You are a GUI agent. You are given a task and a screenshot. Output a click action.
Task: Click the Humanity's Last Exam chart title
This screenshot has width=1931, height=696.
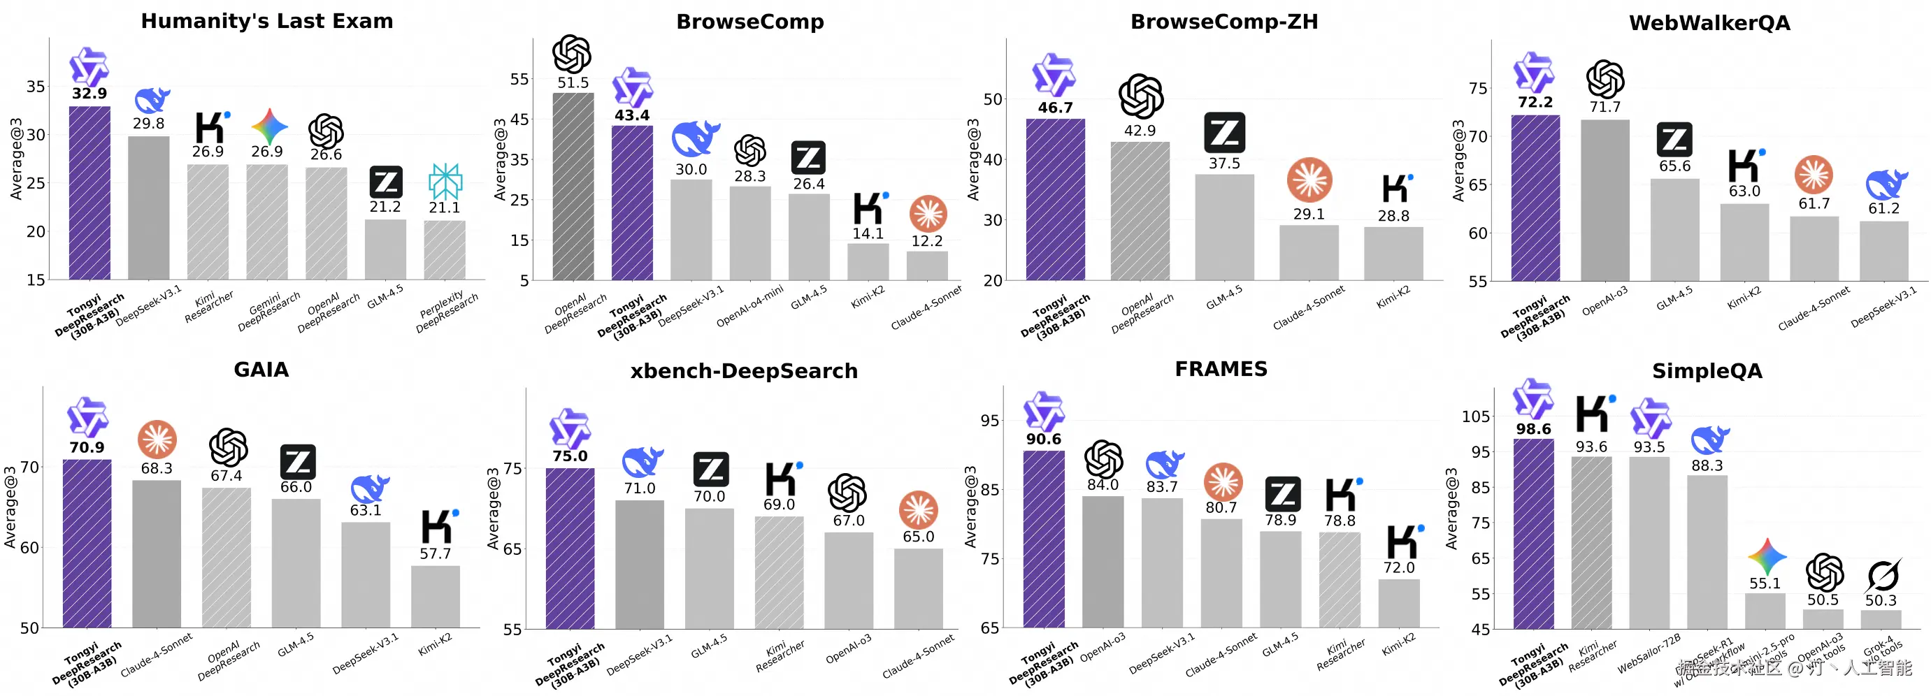267,21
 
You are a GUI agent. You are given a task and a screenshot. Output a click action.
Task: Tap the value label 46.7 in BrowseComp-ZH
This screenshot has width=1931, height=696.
1055,108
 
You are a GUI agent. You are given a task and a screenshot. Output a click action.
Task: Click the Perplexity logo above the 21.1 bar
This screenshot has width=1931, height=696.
445,180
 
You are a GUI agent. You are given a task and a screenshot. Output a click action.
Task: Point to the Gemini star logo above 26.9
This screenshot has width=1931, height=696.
269,126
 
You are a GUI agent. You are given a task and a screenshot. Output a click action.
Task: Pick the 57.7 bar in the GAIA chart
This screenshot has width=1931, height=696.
435,596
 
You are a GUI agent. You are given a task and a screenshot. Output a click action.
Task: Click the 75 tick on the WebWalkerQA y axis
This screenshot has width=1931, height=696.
1477,89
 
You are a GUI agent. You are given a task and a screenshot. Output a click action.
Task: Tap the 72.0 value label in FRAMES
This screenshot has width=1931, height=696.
1399,567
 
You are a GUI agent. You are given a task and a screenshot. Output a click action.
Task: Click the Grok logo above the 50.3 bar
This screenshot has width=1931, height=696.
1881,575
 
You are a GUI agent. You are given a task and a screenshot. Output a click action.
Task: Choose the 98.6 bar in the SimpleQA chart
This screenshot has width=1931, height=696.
1533,533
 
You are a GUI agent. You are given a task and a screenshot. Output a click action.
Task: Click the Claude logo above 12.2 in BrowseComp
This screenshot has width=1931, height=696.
927,215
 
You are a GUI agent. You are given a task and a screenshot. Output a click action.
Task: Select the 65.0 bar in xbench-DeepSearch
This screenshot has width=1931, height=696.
917,588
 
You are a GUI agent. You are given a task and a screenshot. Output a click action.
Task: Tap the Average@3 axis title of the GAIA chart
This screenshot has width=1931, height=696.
10,507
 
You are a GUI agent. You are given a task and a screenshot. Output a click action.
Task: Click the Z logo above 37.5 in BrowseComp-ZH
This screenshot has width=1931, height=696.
1224,133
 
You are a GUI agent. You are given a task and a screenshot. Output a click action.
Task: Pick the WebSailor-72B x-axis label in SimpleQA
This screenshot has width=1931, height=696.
1649,653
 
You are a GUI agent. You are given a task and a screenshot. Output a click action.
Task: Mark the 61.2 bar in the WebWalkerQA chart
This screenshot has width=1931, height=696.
1883,250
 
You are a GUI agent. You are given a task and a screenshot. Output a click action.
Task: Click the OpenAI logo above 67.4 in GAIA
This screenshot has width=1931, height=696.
228,447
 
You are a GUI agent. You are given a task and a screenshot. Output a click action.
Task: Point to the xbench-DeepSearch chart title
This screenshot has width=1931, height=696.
744,371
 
